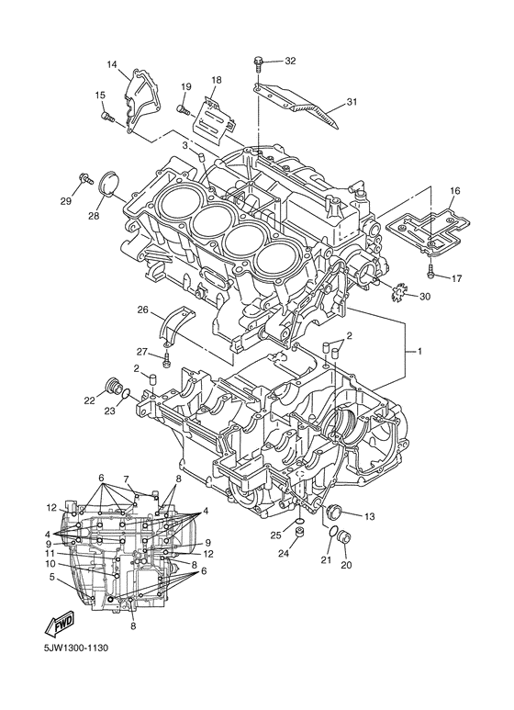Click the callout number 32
290,62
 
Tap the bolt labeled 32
259,64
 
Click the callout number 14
112,64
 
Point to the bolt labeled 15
106,116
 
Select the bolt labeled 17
430,271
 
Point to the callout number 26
142,310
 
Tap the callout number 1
420,352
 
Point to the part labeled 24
300,533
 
